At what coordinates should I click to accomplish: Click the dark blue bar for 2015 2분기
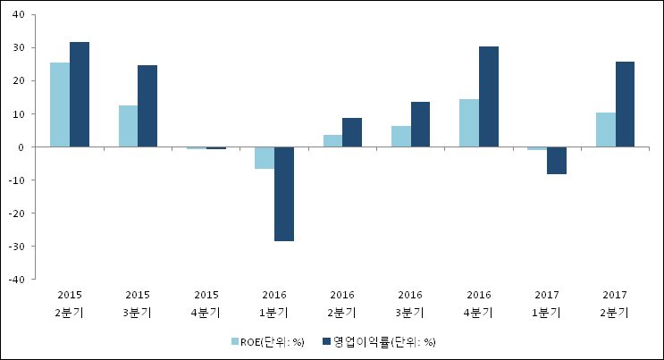pyautogui.click(x=80, y=95)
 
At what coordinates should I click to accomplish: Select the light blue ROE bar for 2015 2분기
pyautogui.click(x=59, y=105)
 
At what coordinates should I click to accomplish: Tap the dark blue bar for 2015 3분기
pyautogui.click(x=147, y=106)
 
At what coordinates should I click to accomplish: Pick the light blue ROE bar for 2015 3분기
pyautogui.click(x=128, y=126)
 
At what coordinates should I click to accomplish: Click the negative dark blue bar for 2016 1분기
pyautogui.click(x=284, y=194)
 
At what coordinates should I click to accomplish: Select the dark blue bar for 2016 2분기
pyautogui.click(x=352, y=132)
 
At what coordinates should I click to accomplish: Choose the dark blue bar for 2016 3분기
pyautogui.click(x=420, y=124)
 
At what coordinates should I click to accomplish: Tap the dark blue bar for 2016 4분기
pyautogui.click(x=489, y=96)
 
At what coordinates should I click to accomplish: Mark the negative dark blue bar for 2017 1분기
pyautogui.click(x=557, y=160)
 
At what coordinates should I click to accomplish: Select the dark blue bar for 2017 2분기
pyautogui.click(x=625, y=104)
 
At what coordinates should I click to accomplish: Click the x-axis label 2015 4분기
pyautogui.click(x=206, y=303)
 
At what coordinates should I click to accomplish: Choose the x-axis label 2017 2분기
pyautogui.click(x=615, y=303)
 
